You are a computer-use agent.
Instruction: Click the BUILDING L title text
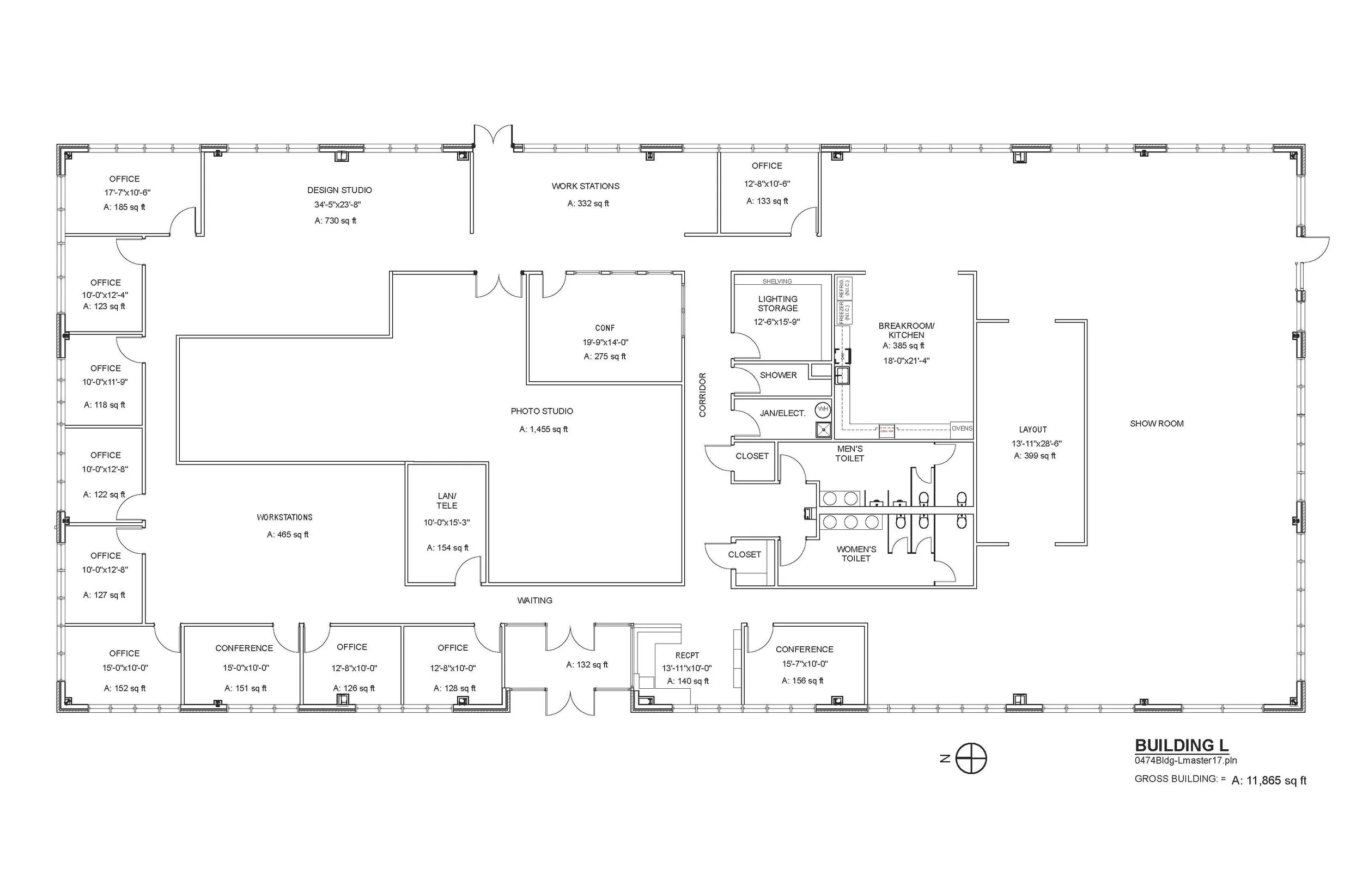point(1181,745)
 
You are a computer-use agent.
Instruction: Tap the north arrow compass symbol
point(971,759)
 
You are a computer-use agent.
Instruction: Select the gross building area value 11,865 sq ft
point(1269,780)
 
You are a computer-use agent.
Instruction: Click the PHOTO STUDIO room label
point(542,411)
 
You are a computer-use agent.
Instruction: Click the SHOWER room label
point(778,375)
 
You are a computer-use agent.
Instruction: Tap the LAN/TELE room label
point(447,500)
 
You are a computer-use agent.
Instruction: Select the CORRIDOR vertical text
point(703,395)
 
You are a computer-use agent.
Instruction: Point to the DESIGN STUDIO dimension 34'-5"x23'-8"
point(338,205)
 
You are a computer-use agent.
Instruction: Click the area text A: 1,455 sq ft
point(544,430)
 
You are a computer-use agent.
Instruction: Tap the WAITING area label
point(534,601)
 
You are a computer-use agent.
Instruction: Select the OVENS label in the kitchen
point(962,429)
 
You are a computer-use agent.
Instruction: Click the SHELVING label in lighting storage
point(777,282)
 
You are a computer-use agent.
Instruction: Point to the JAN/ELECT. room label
point(782,413)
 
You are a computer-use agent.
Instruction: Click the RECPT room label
point(687,656)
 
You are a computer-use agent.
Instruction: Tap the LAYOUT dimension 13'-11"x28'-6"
point(1036,443)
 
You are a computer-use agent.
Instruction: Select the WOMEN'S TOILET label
point(856,554)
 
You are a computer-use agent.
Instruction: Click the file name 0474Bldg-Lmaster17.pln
point(1185,761)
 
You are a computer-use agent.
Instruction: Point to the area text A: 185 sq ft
point(124,207)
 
